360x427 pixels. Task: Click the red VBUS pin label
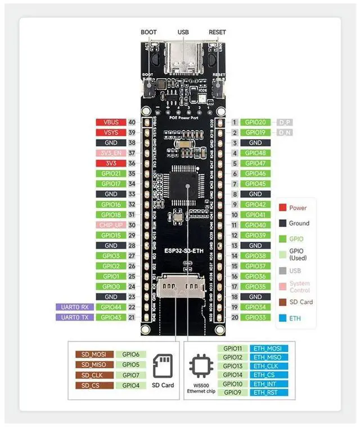click(111, 122)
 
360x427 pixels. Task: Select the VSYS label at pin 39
click(111, 132)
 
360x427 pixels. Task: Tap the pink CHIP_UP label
click(111, 225)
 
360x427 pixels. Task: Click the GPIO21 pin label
click(111, 174)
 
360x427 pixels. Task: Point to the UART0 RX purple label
click(74, 307)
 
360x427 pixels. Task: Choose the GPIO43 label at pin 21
click(111, 317)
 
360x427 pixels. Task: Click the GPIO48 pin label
click(255, 153)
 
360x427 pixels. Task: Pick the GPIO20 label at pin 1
click(255, 122)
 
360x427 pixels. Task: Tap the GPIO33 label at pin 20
click(255, 317)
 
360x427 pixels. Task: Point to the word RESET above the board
click(217, 33)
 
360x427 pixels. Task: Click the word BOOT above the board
click(148, 33)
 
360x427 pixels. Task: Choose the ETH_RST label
click(268, 393)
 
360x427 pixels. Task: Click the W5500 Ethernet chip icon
click(201, 366)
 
